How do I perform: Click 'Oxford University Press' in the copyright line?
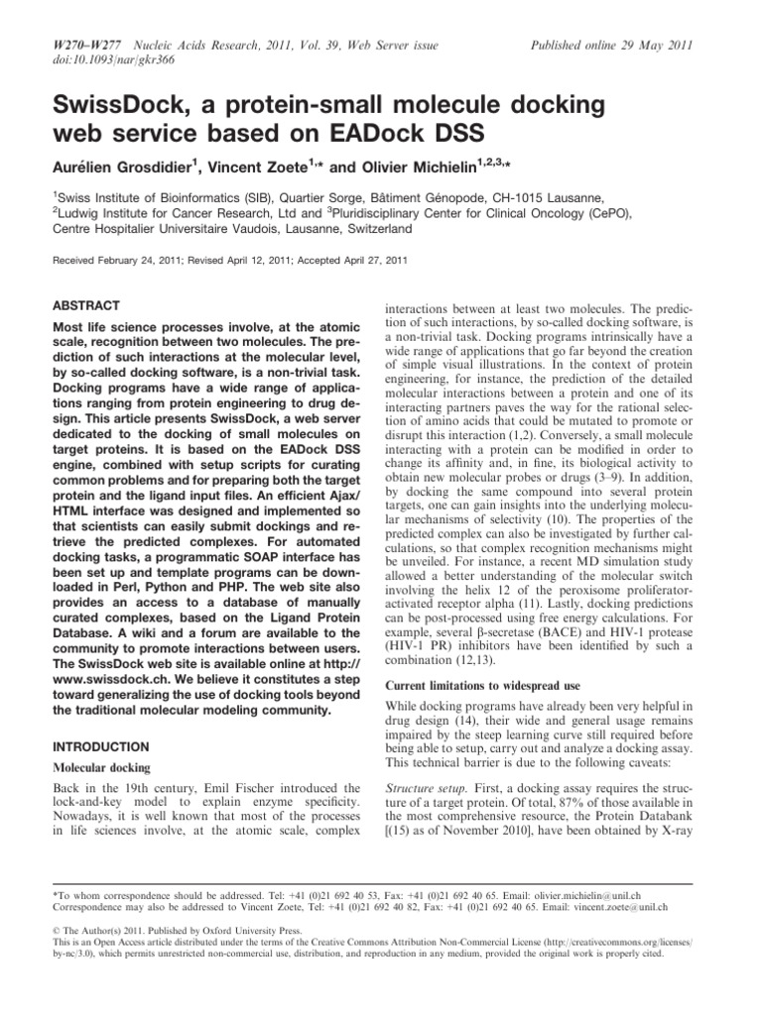click(x=221, y=931)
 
